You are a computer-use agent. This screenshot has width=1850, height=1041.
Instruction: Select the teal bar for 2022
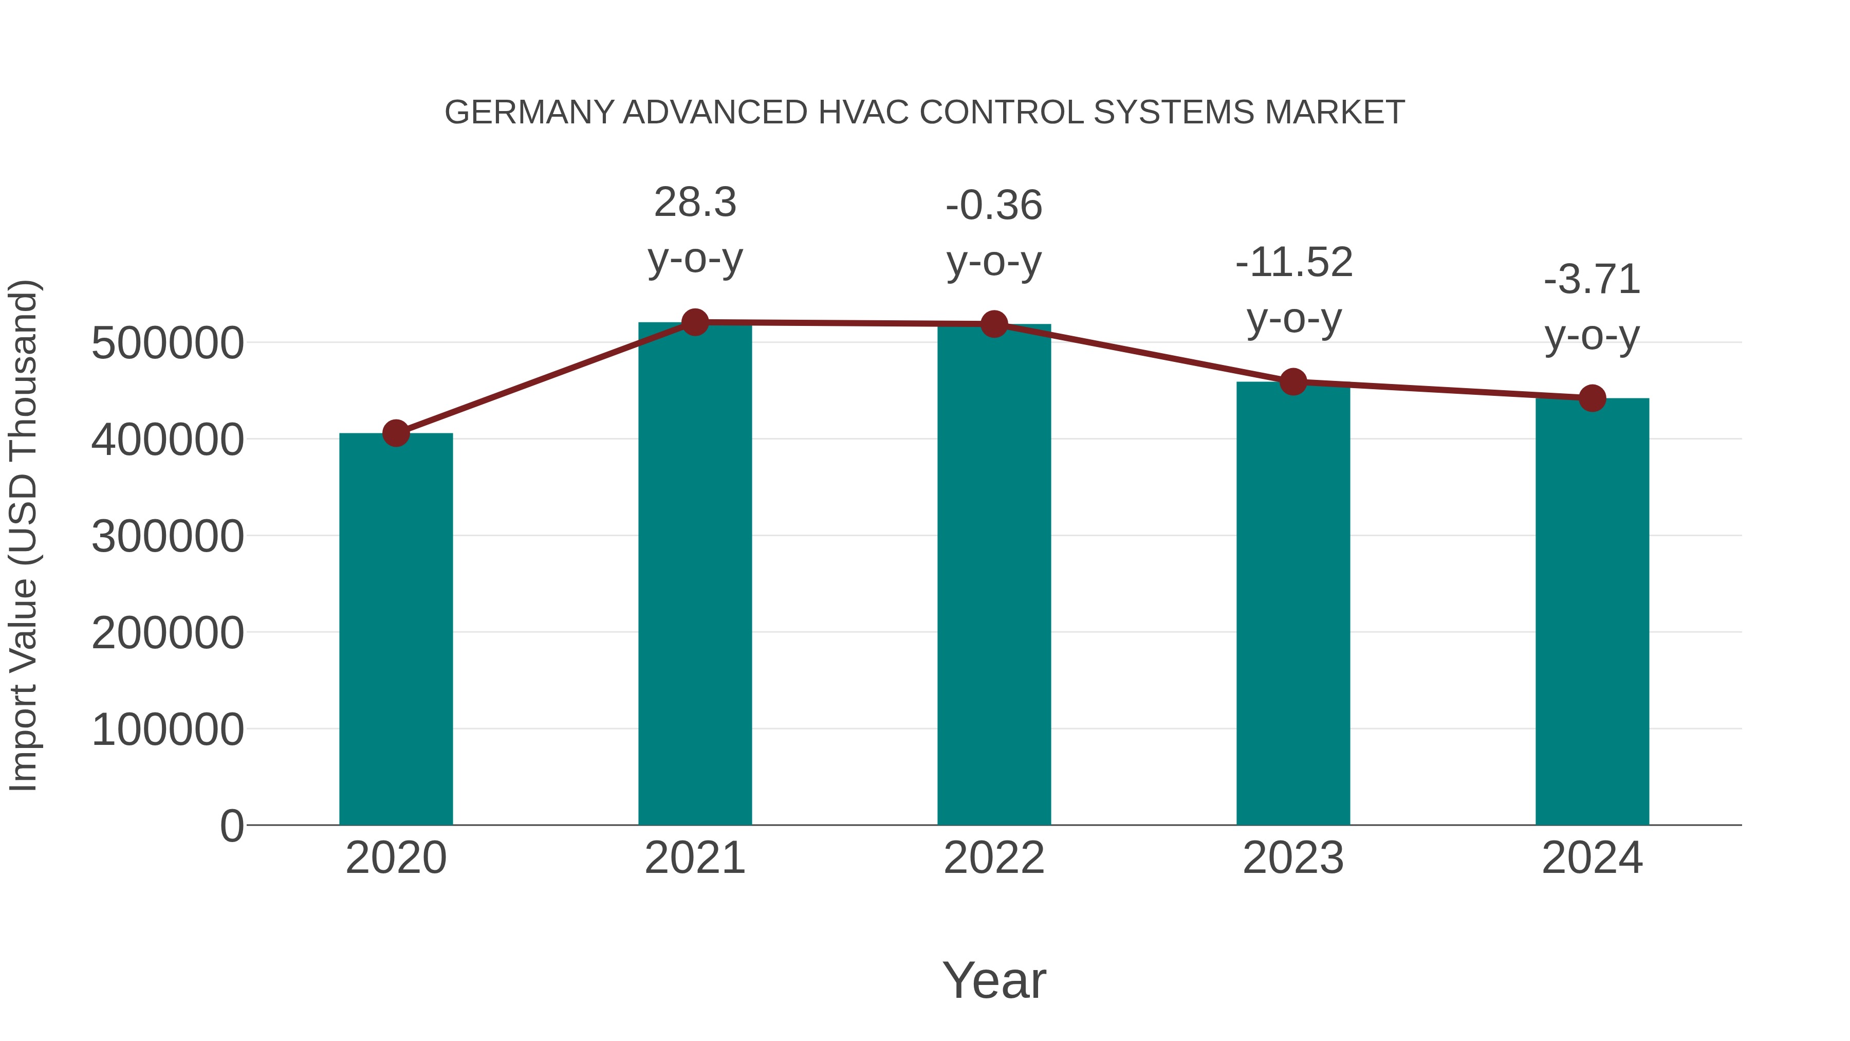click(x=994, y=575)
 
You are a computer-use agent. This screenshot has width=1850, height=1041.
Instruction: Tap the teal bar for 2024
click(x=1592, y=611)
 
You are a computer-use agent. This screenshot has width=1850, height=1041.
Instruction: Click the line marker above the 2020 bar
click(x=396, y=433)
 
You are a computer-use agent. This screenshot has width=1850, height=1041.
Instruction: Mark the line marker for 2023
click(x=1293, y=382)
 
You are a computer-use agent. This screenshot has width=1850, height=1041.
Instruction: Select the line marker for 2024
click(x=1592, y=398)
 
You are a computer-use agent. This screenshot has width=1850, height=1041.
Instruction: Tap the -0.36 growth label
click(x=994, y=206)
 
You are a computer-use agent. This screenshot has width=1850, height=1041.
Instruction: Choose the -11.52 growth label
click(x=1293, y=262)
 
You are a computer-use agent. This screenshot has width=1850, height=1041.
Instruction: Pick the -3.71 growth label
click(x=1592, y=280)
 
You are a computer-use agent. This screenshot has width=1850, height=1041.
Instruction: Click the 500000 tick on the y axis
click(x=168, y=343)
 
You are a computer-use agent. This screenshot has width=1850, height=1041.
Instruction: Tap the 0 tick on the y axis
click(x=231, y=826)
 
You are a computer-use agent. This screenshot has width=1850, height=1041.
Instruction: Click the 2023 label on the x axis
click(x=1293, y=858)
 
